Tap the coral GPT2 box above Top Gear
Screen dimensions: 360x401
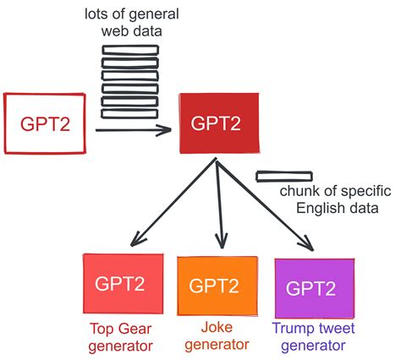coord(119,284)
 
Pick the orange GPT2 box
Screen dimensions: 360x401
coord(216,286)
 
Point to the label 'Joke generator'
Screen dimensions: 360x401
coord(216,336)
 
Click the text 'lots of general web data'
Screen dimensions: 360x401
coord(130,23)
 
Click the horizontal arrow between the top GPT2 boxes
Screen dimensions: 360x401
coord(135,130)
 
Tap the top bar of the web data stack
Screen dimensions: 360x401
coord(129,50)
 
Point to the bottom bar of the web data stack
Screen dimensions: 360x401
coord(129,113)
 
